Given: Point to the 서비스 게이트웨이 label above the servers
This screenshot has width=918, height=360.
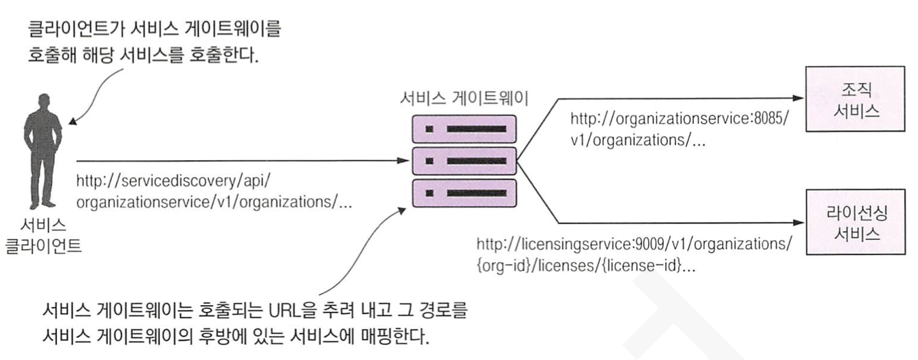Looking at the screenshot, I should pos(464,98).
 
